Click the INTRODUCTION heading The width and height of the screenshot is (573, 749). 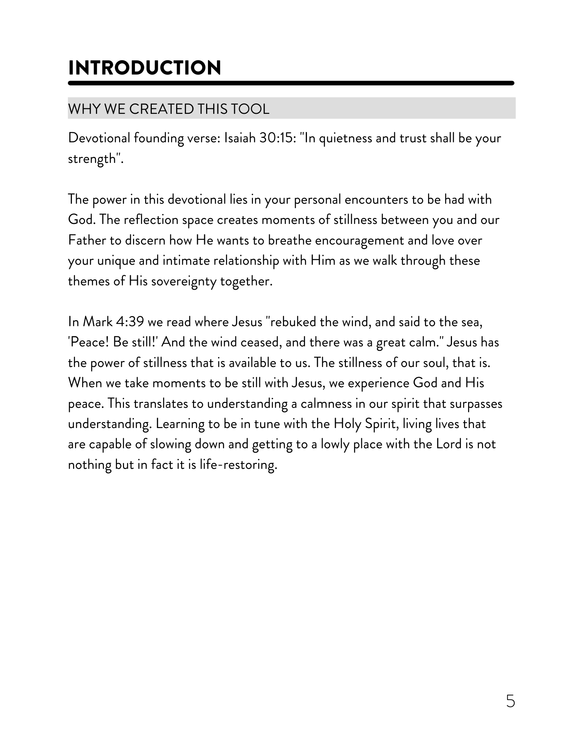pos(145,68)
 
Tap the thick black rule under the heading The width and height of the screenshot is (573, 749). pos(291,83)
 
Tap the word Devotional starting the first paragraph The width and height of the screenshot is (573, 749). pos(99,138)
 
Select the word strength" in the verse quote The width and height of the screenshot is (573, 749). pos(96,159)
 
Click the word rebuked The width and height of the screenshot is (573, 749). pos(291,322)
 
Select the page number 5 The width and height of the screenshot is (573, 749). pos(510,701)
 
